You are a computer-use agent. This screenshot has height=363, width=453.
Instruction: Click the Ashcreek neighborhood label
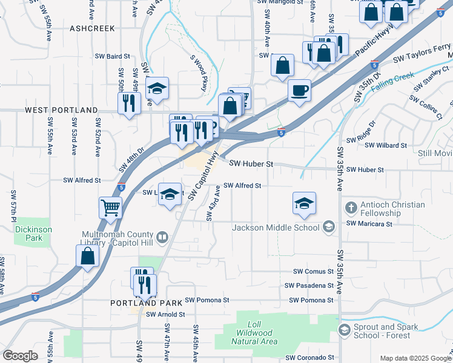coord(91,28)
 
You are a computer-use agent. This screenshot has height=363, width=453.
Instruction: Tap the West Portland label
coord(61,110)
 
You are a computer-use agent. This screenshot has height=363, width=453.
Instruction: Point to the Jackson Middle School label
coord(276,227)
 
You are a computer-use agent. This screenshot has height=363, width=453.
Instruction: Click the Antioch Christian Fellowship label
coord(392,209)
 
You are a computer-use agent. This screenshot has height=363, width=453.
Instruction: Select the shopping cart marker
coord(111,208)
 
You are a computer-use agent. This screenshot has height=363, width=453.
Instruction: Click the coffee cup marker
coord(299,91)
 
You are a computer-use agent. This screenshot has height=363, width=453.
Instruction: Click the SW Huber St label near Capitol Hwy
coord(252,164)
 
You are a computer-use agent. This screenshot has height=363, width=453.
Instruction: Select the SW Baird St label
coord(113,56)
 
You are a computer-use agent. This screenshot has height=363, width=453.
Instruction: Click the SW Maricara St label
coord(369,223)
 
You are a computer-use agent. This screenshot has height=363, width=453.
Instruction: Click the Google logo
coord(21,356)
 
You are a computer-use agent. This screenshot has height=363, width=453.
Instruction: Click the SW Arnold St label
coord(165,315)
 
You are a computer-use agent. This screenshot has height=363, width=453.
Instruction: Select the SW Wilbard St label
coord(386,145)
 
